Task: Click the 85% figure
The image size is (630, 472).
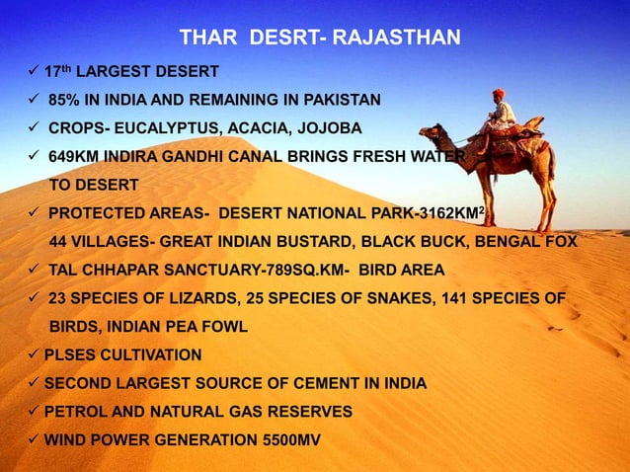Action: [65, 100]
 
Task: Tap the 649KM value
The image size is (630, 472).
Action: [73, 156]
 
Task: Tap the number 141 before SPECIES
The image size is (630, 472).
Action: [443, 298]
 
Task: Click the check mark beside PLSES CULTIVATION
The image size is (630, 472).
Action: [35, 354]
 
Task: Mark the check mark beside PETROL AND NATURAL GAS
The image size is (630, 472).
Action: [35, 411]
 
